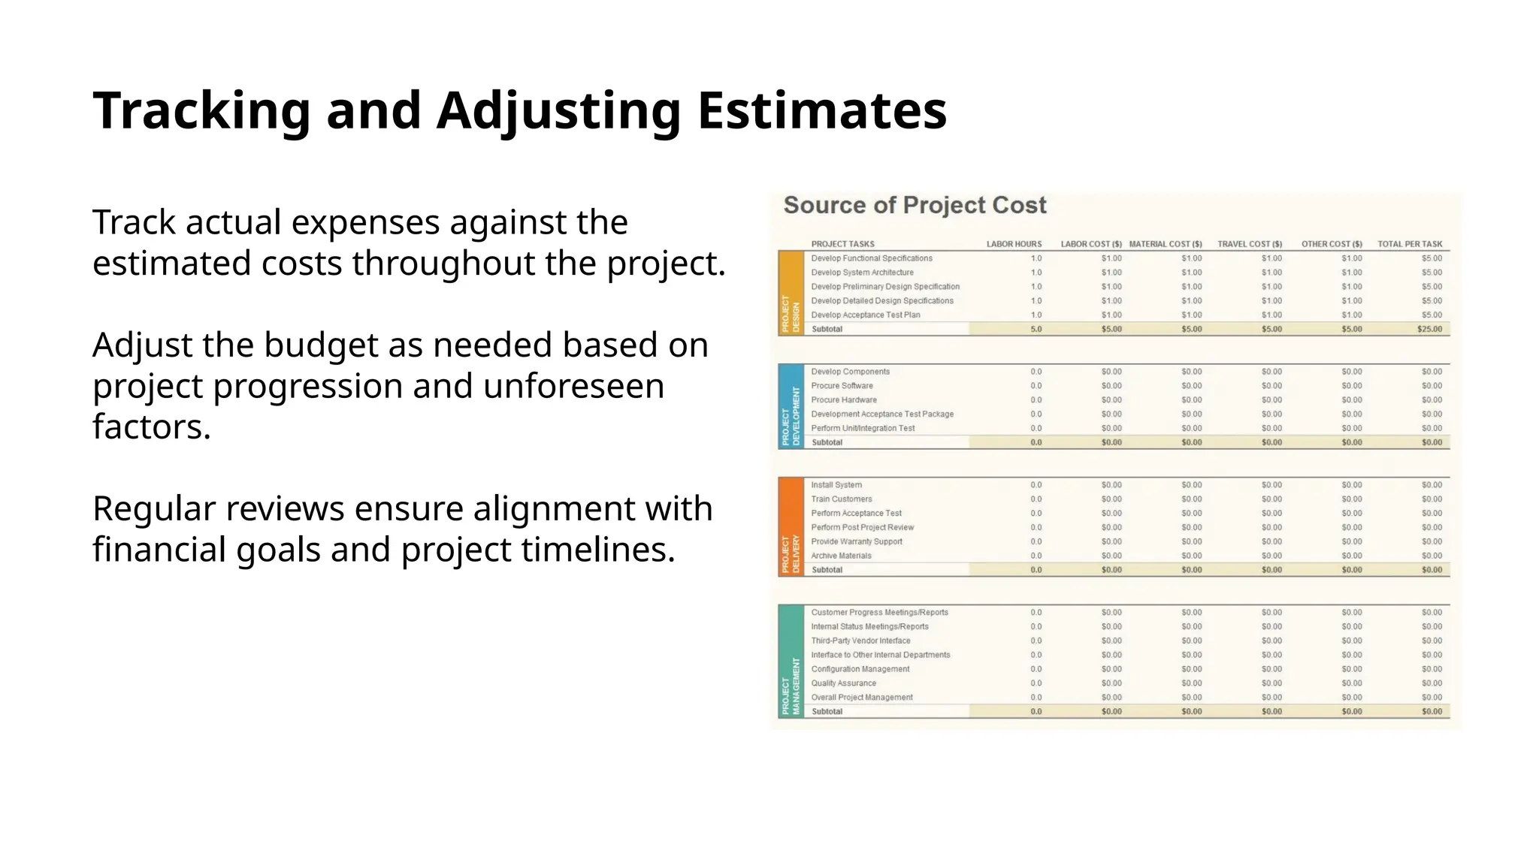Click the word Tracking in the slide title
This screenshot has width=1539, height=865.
[x=201, y=111]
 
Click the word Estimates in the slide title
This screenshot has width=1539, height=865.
[x=822, y=111]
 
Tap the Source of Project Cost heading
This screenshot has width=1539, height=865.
[x=915, y=205]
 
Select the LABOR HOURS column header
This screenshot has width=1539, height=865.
[x=1014, y=244]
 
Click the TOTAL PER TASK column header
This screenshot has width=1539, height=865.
[x=1410, y=244]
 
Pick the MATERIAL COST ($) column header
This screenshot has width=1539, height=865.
[x=1165, y=244]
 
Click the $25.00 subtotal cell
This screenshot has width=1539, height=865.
[x=1429, y=329]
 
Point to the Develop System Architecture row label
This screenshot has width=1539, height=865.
[x=862, y=273]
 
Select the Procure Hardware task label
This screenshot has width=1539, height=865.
[x=844, y=400]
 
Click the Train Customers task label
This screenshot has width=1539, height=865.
[x=842, y=499]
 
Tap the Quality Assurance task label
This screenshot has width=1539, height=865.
[x=843, y=683]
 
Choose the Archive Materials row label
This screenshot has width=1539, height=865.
[x=841, y=556]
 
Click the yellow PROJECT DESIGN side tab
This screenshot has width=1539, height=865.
[x=791, y=294]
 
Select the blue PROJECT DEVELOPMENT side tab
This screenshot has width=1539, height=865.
[x=791, y=407]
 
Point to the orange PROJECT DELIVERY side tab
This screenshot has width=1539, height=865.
[x=791, y=527]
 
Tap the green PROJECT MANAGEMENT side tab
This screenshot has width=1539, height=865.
[x=791, y=662]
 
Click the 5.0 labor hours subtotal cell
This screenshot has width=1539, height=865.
[x=1036, y=329]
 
